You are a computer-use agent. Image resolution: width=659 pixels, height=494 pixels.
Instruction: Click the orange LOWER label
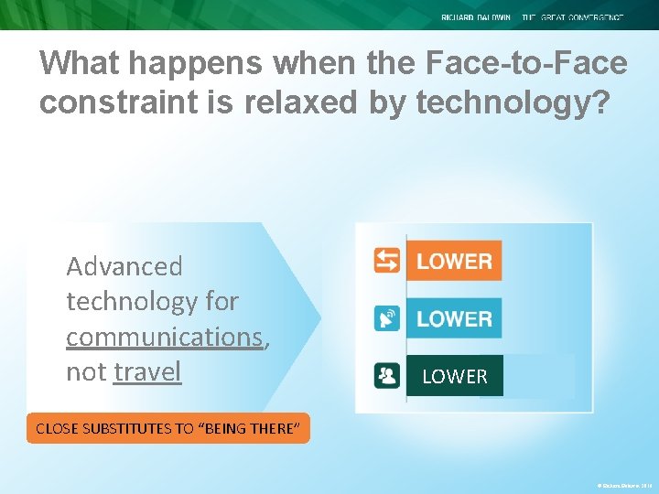pyautogui.click(x=454, y=261)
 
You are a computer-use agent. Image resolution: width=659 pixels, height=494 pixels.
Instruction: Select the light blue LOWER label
pyautogui.click(x=454, y=318)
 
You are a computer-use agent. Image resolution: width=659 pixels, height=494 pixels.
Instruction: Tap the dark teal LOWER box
pyautogui.click(x=455, y=376)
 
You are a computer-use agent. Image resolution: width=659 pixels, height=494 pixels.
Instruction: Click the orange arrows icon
pyautogui.click(x=387, y=261)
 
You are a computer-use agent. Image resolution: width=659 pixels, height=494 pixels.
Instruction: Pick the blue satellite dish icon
pyautogui.click(x=387, y=318)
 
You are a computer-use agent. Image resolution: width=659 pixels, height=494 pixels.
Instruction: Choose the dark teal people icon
pyautogui.click(x=387, y=376)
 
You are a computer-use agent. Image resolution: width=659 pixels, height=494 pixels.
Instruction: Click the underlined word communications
pyautogui.click(x=165, y=337)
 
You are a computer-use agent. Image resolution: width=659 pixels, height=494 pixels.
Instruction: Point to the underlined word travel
pyautogui.click(x=147, y=371)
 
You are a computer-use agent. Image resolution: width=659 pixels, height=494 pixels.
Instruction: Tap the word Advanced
pyautogui.click(x=124, y=266)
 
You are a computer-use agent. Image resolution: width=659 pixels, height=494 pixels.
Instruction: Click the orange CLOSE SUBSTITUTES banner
pyautogui.click(x=168, y=428)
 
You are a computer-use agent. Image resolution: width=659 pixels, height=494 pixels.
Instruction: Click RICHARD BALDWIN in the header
pyautogui.click(x=476, y=17)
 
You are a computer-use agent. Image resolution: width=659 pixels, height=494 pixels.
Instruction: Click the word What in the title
pyautogui.click(x=80, y=63)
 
